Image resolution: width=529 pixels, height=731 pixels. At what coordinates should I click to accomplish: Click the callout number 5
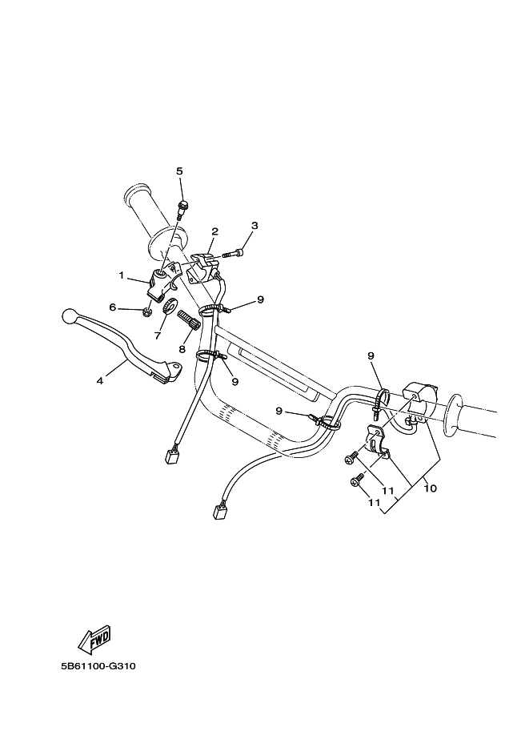point(179,171)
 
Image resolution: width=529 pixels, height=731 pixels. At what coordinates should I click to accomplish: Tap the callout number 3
point(254,226)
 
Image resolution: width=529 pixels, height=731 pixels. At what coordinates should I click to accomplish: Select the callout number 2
point(214,231)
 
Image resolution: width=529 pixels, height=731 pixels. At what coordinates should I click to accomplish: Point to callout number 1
point(122,275)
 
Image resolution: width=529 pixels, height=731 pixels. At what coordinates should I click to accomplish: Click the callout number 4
point(100,381)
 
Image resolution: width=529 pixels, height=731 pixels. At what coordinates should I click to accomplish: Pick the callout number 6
point(112,307)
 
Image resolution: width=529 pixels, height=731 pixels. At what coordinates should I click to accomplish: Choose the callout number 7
point(158,335)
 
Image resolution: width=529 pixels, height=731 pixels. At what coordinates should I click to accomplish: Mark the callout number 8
point(182,349)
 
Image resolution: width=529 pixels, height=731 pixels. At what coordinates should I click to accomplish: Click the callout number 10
point(431,488)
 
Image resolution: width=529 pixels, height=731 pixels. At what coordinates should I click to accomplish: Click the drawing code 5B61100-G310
point(98,666)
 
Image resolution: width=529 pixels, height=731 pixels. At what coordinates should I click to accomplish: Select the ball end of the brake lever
point(69,315)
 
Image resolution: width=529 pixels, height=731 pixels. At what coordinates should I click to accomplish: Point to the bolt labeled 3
point(233,253)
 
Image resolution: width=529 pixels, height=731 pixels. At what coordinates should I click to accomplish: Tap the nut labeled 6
point(146,310)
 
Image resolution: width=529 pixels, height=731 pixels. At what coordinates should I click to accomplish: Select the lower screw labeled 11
point(357,480)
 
